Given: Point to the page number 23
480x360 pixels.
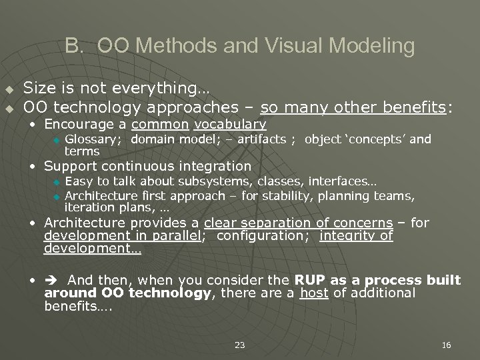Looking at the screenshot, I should [x=240, y=345].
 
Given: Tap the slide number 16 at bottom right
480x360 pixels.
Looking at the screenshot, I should [x=446, y=345].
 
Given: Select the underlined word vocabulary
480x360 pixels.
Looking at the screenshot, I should [x=231, y=125].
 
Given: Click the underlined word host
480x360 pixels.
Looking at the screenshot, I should [x=314, y=293].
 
